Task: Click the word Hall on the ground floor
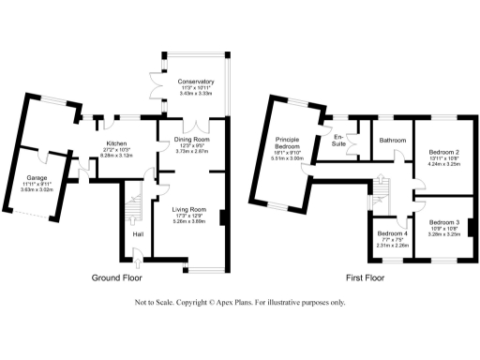tap(138, 234)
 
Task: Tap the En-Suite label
tap(341, 141)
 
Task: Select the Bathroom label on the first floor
tap(392, 141)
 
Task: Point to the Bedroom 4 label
tap(392, 233)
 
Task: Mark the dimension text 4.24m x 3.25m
tap(443, 164)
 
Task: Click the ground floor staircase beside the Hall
tap(132, 202)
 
